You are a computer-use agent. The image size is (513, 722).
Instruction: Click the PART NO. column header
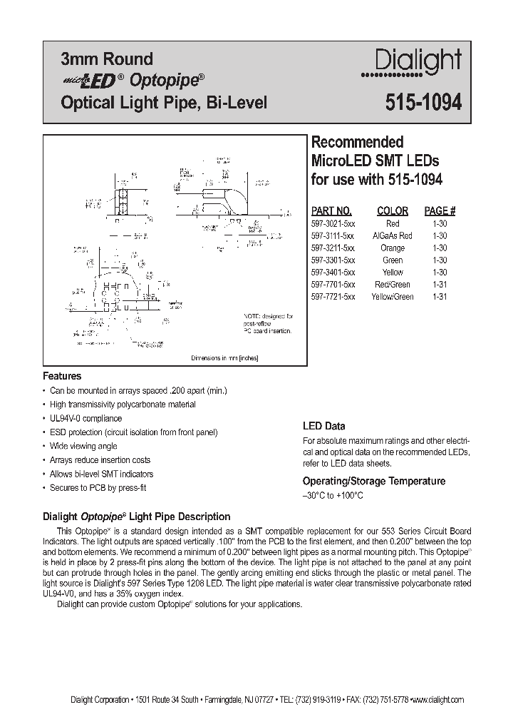[332, 210]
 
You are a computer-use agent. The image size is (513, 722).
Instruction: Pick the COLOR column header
[392, 210]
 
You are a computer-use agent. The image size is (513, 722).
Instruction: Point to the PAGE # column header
[440, 210]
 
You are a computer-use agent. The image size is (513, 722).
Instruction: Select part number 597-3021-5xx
[333, 223]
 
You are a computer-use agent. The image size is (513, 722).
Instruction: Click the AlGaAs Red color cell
[392, 235]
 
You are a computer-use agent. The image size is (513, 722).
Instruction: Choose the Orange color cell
[392, 248]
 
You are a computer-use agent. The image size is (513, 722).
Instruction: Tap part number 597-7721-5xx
[333, 296]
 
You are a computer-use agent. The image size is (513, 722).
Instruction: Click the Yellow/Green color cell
[392, 296]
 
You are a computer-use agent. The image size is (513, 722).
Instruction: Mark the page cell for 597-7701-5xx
[440, 284]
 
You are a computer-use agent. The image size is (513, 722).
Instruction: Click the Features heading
[63, 376]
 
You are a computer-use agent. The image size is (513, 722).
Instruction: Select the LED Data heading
[324, 426]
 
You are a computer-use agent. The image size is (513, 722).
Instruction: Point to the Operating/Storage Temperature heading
[374, 481]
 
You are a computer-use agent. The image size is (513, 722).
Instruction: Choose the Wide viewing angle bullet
[84, 446]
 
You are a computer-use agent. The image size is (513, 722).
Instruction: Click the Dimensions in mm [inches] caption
[224, 358]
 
